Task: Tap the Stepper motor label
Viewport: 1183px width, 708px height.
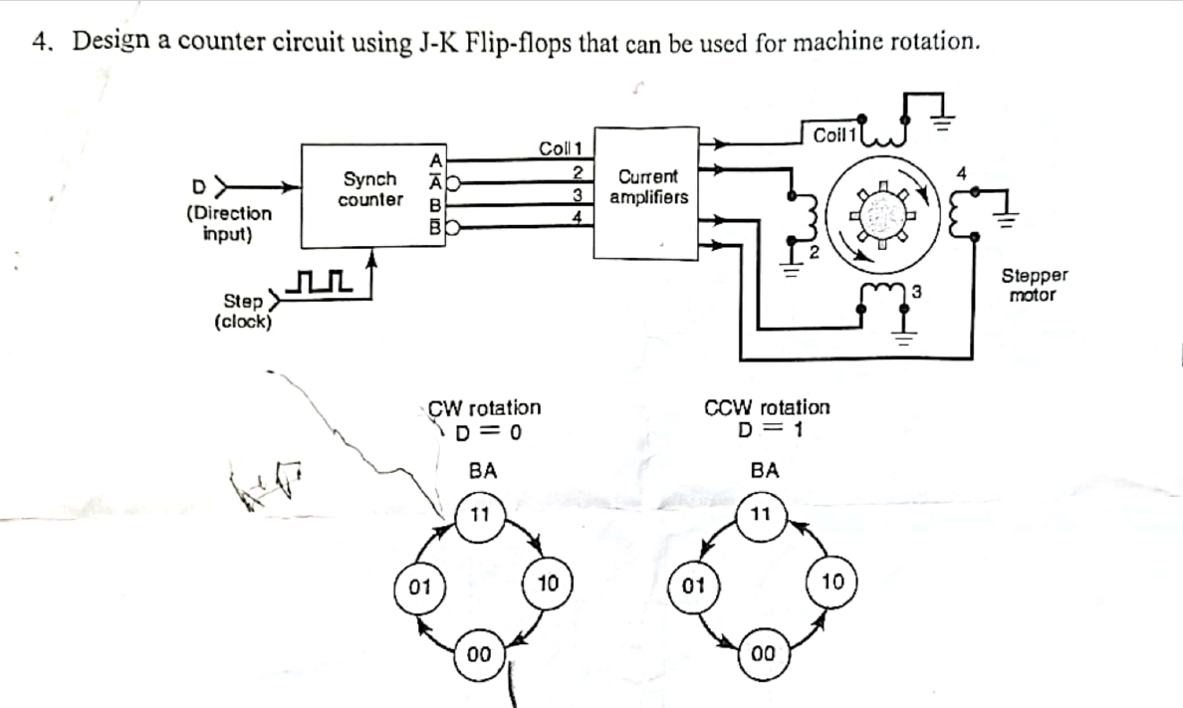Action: (x=1034, y=285)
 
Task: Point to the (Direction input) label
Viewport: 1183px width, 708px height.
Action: (x=229, y=224)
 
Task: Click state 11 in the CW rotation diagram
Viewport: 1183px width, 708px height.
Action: (x=479, y=515)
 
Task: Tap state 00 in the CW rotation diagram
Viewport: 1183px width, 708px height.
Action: (x=479, y=654)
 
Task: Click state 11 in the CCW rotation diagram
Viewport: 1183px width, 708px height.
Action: (x=762, y=515)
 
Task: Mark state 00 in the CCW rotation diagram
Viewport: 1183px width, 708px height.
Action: (x=762, y=654)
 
